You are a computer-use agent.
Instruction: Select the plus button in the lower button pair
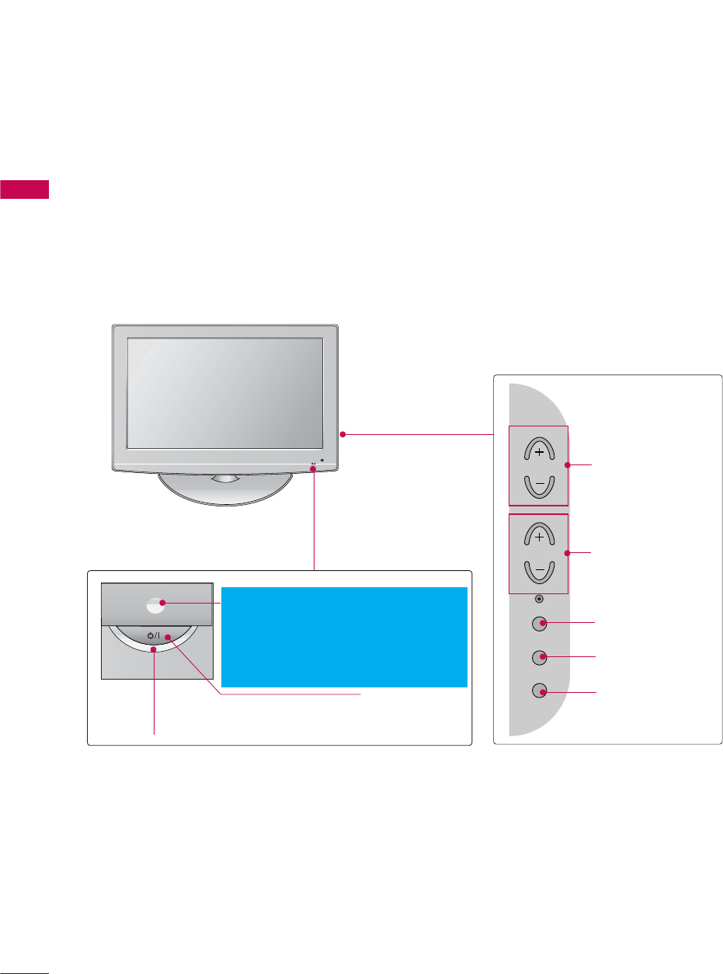pyautogui.click(x=539, y=536)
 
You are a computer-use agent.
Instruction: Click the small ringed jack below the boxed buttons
pyautogui.click(x=540, y=598)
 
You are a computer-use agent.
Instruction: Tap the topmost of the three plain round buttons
pyautogui.click(x=540, y=624)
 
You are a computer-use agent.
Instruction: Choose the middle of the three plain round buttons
pyautogui.click(x=540, y=657)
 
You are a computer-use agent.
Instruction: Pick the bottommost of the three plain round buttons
pyautogui.click(x=540, y=690)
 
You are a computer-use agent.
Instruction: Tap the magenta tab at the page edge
pyautogui.click(x=25, y=190)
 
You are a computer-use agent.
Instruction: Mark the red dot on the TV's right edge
pyautogui.click(x=342, y=435)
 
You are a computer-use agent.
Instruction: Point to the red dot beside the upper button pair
pyautogui.click(x=568, y=465)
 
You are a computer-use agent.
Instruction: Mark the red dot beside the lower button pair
pyautogui.click(x=568, y=552)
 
